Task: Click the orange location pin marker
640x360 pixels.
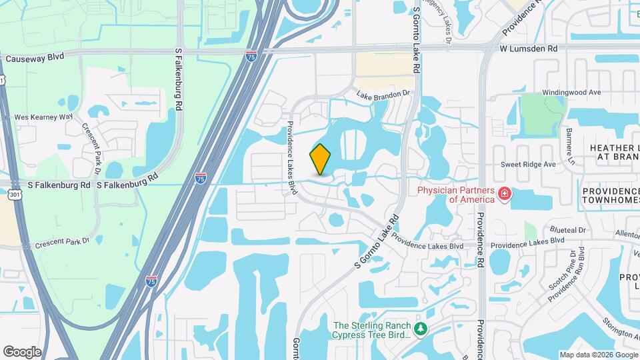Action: click(320, 159)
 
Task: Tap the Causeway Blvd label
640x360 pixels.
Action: click(35, 58)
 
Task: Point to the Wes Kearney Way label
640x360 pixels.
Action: click(43, 117)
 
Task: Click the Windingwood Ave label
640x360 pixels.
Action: click(571, 92)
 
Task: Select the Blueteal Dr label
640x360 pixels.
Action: click(569, 230)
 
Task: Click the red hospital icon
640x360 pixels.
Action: click(505, 194)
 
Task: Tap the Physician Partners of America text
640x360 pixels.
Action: click(456, 194)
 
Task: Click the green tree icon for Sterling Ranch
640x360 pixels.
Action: click(421, 329)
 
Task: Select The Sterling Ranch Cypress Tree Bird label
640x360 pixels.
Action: click(371, 329)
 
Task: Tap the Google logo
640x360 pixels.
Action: click(22, 351)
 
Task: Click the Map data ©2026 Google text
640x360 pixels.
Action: click(598, 355)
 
